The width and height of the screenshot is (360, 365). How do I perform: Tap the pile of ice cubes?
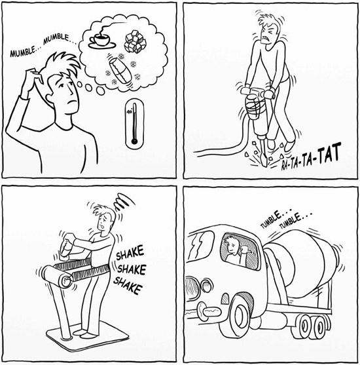[x=135, y=41]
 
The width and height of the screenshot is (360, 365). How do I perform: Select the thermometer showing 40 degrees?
[x=134, y=123]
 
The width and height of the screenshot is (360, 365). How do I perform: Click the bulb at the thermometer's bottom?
[x=134, y=141]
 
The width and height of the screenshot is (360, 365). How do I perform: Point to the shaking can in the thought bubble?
[x=120, y=70]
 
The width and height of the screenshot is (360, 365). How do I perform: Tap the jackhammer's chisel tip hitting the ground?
[x=264, y=163]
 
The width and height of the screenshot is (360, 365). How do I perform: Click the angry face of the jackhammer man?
[x=268, y=35]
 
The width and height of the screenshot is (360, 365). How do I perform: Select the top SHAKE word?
[x=130, y=253]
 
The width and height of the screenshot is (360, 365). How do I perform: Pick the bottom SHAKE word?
[x=128, y=285]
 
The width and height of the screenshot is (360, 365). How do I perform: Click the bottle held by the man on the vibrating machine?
[x=65, y=247]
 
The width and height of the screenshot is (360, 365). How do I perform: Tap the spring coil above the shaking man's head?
[x=124, y=201]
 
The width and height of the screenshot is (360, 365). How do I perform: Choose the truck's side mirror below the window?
[x=226, y=298]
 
